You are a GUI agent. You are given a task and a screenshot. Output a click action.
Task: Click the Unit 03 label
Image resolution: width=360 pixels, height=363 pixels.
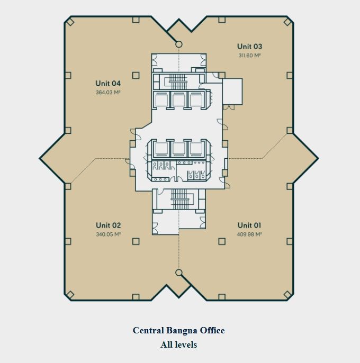[249, 47]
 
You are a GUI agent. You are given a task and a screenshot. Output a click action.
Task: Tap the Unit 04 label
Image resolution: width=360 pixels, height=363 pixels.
[108, 84]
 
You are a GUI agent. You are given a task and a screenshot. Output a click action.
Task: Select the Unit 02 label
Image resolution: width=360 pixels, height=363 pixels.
[108, 225]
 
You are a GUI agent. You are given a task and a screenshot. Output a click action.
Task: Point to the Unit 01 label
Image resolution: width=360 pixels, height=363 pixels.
[249, 225]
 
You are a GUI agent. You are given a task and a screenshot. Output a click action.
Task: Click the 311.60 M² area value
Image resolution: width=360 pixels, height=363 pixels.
[249, 56]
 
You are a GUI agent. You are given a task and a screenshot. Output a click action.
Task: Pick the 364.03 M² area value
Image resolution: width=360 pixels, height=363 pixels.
[108, 93]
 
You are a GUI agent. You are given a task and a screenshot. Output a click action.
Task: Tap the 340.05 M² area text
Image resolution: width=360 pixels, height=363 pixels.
[108, 234]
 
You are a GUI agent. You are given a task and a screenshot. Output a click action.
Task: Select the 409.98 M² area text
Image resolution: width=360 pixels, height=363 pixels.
[249, 234]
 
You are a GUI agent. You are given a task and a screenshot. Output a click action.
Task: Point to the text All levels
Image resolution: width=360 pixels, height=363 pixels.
[178, 344]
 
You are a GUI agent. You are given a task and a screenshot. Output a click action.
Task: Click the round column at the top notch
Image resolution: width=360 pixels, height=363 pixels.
[178, 44]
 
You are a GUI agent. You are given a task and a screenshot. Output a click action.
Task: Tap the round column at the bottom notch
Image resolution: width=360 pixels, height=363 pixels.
[178, 273]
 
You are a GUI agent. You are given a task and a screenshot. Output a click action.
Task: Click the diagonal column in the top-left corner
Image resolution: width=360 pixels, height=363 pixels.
[70, 22]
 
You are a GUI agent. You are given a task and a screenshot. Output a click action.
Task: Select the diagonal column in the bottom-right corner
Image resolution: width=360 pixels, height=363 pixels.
[287, 294]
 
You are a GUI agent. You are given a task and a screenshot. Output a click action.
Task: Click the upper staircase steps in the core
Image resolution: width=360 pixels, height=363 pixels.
[178, 81]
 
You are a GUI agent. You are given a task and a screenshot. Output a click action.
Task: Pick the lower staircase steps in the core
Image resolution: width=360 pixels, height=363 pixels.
[178, 199]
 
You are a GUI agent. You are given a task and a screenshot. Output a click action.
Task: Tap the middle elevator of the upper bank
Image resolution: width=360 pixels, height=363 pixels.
[178, 100]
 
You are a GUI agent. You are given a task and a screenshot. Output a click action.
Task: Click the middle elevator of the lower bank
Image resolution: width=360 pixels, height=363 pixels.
[178, 148]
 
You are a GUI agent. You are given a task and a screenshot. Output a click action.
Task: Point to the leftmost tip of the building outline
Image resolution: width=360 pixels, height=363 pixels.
[39, 158]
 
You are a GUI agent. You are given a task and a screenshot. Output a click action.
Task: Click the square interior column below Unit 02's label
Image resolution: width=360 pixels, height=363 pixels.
[136, 241]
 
